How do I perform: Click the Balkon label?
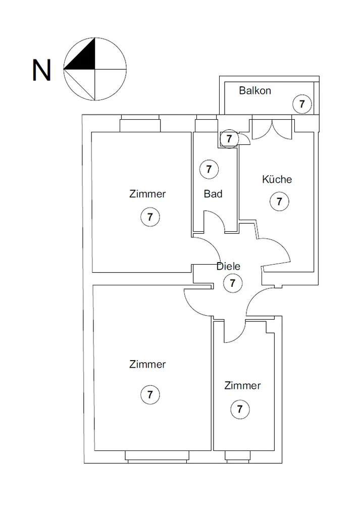[x=255, y=91]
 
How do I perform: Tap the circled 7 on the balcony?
[x=302, y=105]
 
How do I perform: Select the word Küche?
[x=277, y=179]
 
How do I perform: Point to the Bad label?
[x=213, y=193]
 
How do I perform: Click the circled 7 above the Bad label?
[x=209, y=169]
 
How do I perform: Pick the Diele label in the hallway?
[x=228, y=267]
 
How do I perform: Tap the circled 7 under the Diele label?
[x=232, y=283]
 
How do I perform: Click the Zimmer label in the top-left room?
[x=147, y=194]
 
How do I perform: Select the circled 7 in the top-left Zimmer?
[x=150, y=217]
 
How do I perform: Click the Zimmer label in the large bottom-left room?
[x=147, y=364]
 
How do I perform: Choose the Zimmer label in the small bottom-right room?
[x=243, y=386]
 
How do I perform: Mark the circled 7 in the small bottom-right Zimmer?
[x=239, y=409]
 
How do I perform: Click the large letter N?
[x=41, y=71]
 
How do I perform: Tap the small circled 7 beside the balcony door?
[x=229, y=138]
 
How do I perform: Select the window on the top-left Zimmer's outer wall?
[x=140, y=124]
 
